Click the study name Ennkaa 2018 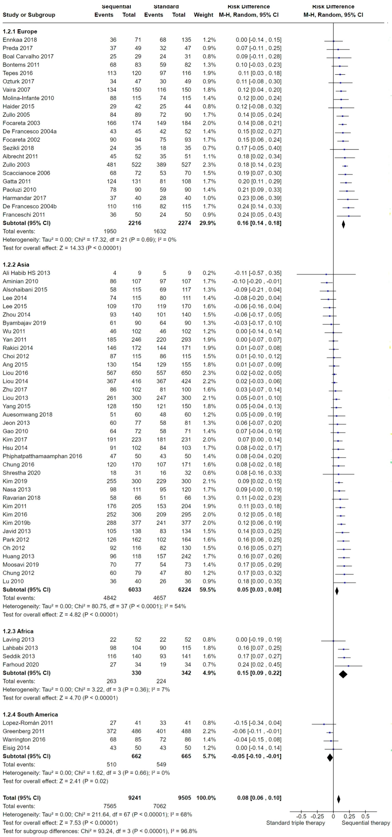pos(20,40)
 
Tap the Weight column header pos(203,15)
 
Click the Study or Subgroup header pos(29,15)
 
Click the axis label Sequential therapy pos(366,823)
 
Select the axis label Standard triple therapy pos(296,823)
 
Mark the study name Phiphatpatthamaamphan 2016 pos(42,456)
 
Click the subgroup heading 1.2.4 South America pos(30,714)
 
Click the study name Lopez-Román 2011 pos(28,723)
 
